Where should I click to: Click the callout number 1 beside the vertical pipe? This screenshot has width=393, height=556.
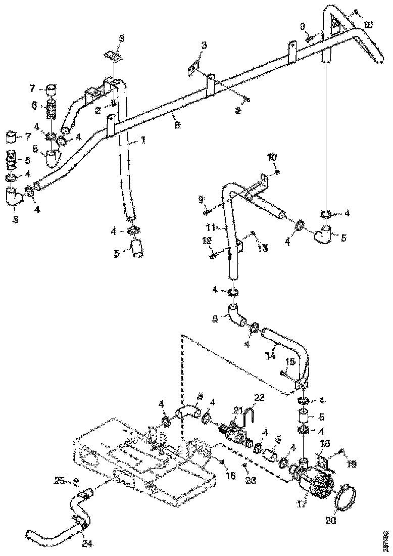[143, 141]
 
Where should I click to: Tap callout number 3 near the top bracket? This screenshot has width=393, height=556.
[204, 45]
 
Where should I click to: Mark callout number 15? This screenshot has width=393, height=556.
[290, 362]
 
